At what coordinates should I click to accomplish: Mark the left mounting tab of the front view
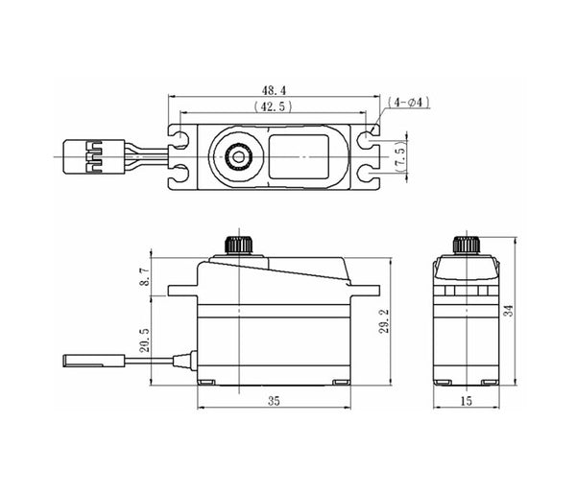coord(182,291)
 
